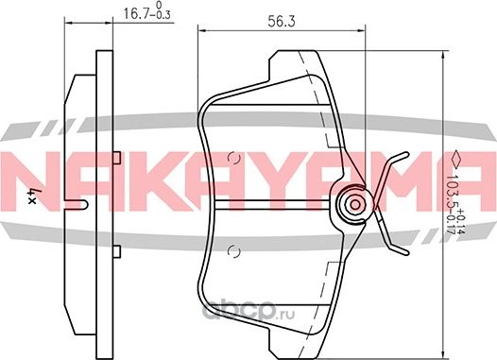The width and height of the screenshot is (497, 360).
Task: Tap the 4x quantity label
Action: (34, 198)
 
